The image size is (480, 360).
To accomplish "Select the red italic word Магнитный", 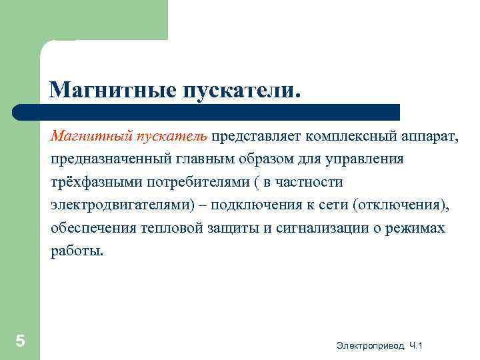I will tap(91, 137).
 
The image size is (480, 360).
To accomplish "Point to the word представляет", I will tap(257, 137).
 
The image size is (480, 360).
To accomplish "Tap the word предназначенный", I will tap(105, 160).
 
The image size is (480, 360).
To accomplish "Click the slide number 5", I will tap(21, 341).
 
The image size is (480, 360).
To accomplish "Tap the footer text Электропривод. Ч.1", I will tap(380, 345).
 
